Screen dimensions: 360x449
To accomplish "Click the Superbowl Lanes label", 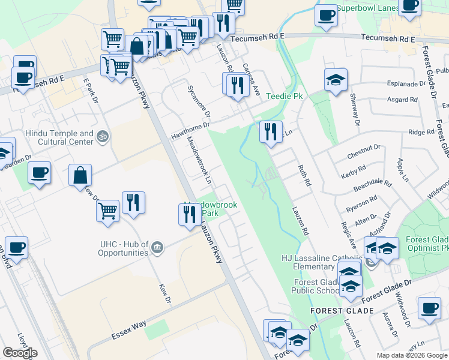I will [367, 8].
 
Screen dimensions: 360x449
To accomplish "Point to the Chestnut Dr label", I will [364, 147].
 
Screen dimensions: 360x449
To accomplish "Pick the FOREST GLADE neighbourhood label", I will [342, 311].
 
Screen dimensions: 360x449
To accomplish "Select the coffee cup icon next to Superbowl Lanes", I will [325, 16].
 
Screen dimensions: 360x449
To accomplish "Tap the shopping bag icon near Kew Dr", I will [80, 176].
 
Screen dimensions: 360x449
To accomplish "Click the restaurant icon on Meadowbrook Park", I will [190, 214].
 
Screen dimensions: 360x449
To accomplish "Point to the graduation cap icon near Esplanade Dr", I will [336, 79].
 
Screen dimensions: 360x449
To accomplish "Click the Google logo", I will [20, 353].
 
